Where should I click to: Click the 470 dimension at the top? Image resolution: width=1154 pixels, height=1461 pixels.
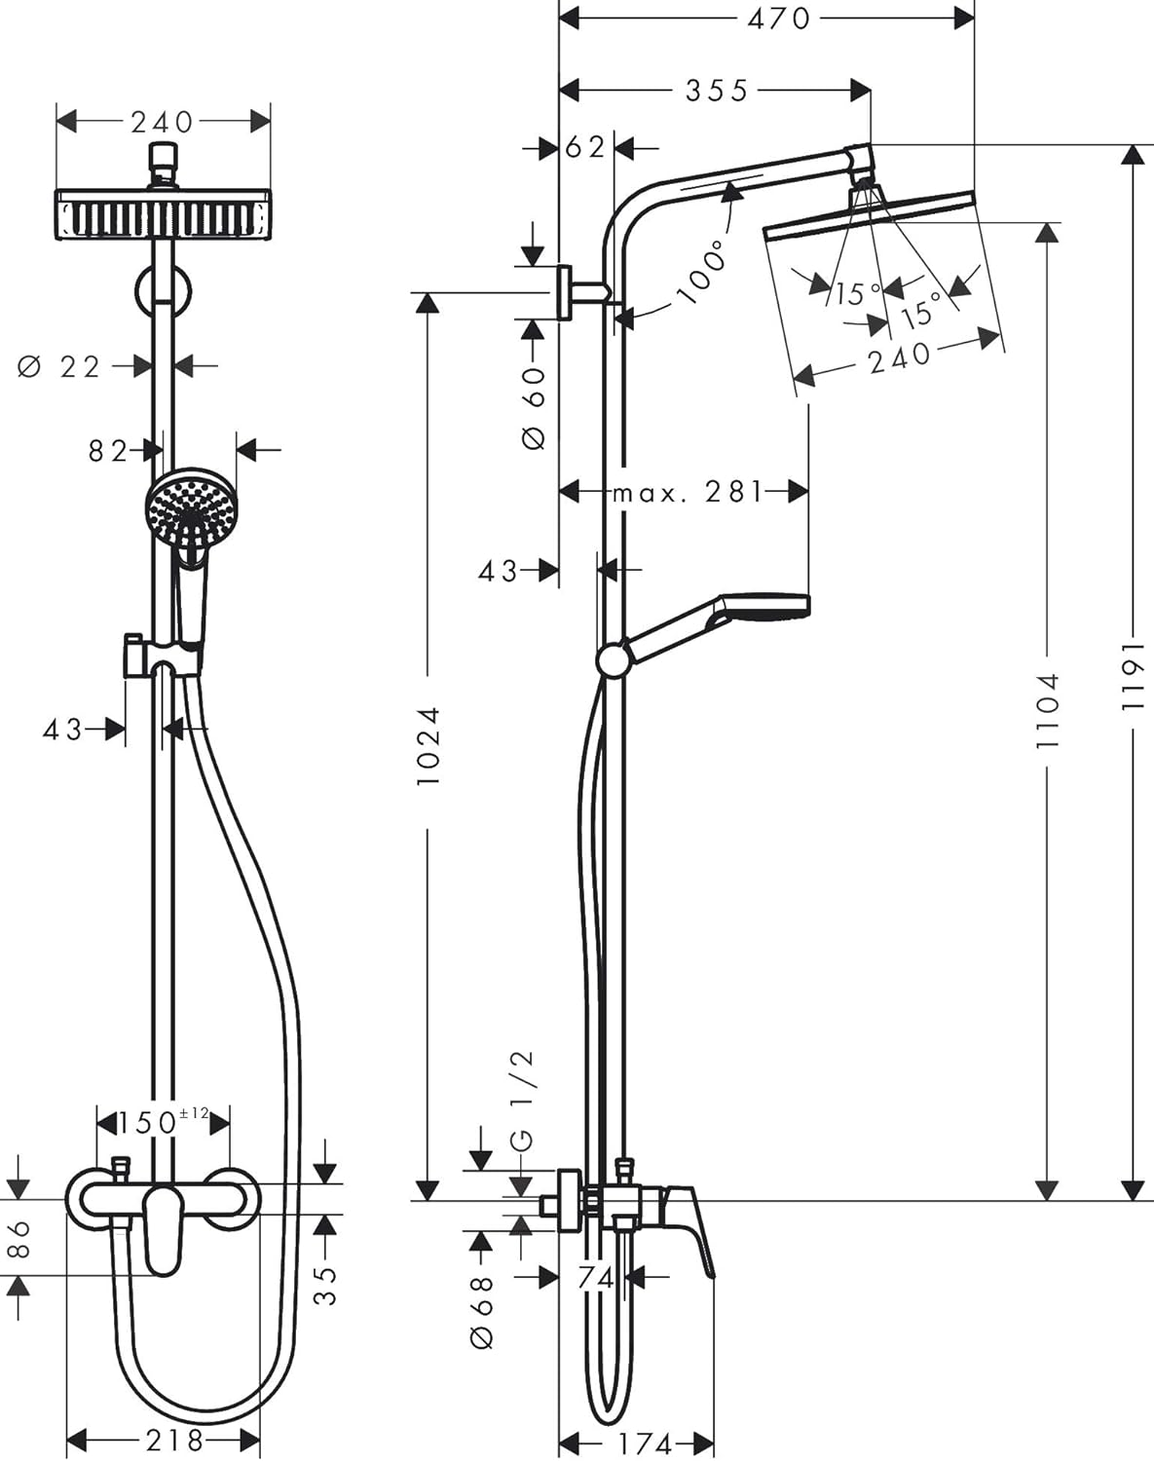778,18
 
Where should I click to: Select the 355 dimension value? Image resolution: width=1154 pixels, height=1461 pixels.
716,91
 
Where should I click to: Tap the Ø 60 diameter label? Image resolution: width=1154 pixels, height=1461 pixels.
535,407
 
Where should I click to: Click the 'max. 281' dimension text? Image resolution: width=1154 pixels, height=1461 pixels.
688,492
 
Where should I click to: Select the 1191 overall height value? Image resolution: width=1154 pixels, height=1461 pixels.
1133,674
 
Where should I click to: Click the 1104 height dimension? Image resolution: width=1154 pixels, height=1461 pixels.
1047,710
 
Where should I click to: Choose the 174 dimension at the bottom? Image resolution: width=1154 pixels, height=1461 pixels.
645,1442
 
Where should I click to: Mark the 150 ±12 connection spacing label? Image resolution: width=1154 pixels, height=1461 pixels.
163,1121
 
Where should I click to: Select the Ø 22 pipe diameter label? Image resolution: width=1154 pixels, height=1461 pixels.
60,367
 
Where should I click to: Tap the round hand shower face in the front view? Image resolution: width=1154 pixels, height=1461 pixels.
191,507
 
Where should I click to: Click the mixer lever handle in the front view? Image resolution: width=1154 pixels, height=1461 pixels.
163,1229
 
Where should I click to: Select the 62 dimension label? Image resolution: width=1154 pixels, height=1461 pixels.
585,148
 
